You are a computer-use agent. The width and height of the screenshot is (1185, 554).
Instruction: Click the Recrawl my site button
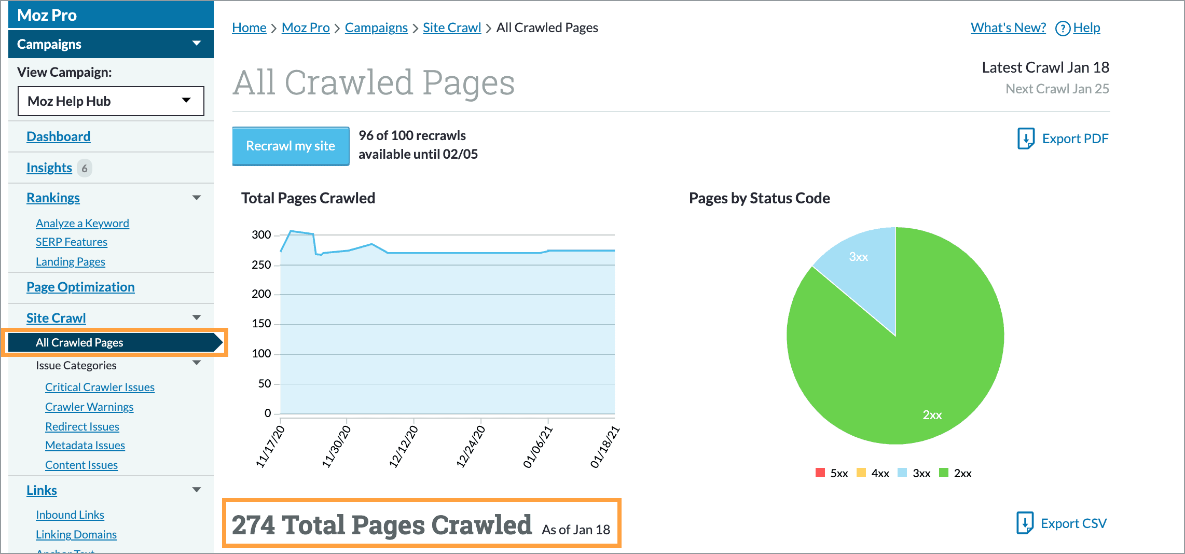click(x=291, y=146)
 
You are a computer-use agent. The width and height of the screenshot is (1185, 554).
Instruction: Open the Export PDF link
click(x=1064, y=138)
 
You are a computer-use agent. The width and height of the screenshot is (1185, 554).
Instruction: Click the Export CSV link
click(x=1062, y=523)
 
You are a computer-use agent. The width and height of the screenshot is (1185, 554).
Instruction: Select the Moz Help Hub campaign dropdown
click(x=111, y=101)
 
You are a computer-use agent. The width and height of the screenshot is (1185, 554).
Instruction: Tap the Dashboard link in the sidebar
click(x=58, y=136)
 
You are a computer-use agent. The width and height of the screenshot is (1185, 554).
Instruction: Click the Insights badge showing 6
click(x=85, y=168)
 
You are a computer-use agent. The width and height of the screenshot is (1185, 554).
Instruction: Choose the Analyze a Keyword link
click(x=82, y=223)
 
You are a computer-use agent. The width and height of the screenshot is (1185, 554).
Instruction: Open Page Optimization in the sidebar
click(x=80, y=287)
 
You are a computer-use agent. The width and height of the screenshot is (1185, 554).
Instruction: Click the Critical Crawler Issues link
click(x=100, y=387)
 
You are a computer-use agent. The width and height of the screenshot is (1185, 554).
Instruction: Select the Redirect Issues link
click(x=82, y=426)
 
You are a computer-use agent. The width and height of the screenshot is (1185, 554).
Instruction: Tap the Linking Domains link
click(x=76, y=534)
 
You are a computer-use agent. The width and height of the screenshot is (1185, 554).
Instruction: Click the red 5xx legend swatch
click(x=820, y=473)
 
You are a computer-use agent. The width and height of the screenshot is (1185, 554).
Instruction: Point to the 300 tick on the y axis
click(x=261, y=235)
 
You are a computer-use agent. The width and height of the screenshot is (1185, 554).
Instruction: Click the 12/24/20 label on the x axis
click(x=470, y=447)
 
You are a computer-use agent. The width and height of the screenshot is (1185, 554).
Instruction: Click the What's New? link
click(x=1008, y=27)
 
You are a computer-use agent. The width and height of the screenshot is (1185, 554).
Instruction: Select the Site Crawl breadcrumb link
click(x=451, y=27)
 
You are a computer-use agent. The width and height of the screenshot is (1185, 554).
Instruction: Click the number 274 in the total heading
click(x=253, y=525)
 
